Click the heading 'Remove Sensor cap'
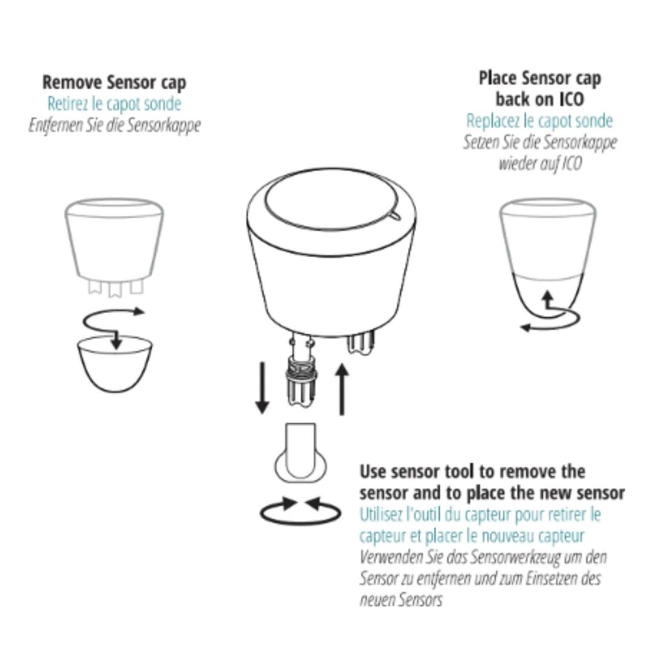(x=114, y=82)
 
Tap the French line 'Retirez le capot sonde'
(x=114, y=104)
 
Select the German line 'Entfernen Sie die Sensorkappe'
(x=115, y=125)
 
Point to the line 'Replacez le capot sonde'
(x=539, y=121)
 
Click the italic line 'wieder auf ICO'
(x=540, y=163)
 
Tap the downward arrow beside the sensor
(x=262, y=388)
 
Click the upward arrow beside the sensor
(x=342, y=389)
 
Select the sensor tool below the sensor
(x=301, y=453)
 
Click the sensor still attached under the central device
(x=360, y=343)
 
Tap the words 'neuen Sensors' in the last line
(x=401, y=600)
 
